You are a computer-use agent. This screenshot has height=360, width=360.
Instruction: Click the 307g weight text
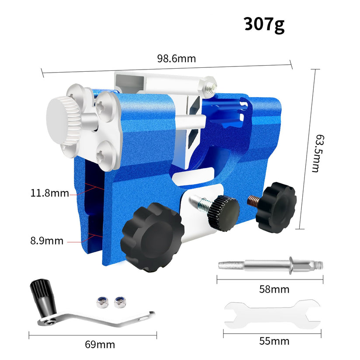pos(264,24)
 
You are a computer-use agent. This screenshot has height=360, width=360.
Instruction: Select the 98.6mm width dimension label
pos(176,59)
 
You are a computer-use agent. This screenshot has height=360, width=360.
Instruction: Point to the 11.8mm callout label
pos(50,192)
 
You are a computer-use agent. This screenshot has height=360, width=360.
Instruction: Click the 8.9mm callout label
pos(47,241)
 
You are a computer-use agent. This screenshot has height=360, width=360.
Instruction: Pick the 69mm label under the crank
pos(100,344)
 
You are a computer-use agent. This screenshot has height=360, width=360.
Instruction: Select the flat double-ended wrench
pos(273,314)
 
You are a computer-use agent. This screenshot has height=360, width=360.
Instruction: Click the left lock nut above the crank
pos(101,301)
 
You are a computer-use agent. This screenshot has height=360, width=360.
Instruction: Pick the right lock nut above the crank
pos(117,301)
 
